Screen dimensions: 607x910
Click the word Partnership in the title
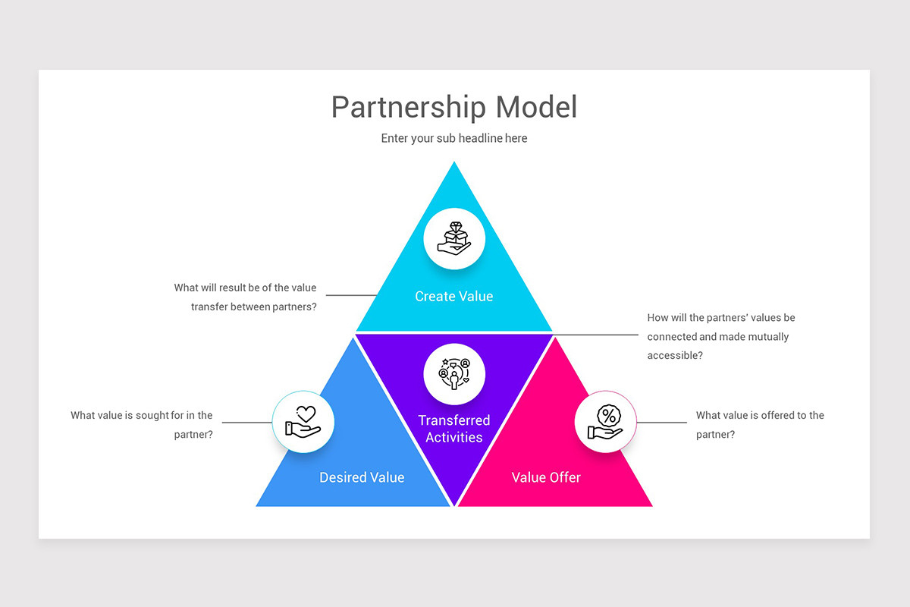click(x=409, y=108)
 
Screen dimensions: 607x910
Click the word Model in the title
click(x=536, y=107)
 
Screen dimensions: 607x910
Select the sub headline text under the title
click(x=453, y=138)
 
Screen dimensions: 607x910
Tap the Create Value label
click(x=453, y=297)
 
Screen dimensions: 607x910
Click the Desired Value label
click(x=362, y=477)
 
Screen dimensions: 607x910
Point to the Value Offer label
click(x=546, y=477)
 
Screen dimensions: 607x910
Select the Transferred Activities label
click(x=454, y=429)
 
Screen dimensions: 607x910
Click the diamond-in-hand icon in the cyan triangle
click(x=454, y=237)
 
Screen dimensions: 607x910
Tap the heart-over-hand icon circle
click(x=303, y=422)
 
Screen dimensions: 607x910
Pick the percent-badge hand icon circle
click(x=606, y=422)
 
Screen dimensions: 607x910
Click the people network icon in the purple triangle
click(x=454, y=373)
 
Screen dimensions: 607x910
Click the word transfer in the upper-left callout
click(x=209, y=307)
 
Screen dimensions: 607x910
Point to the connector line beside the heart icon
click(x=247, y=423)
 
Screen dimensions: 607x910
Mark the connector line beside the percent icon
click(x=661, y=423)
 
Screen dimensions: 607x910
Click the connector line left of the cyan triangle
click(x=353, y=295)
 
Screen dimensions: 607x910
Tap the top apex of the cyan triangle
click(x=454, y=164)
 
